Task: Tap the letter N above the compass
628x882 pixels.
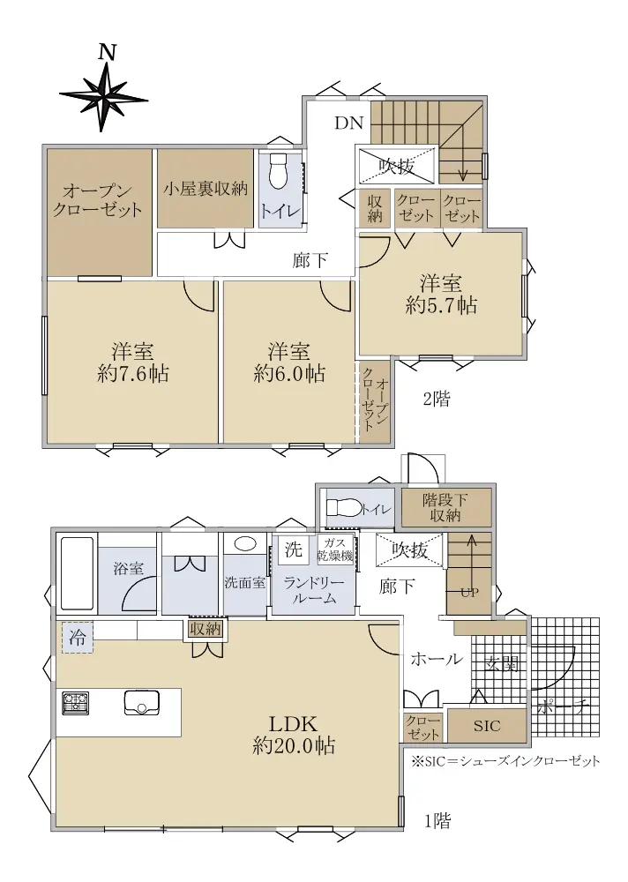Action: coord(107,52)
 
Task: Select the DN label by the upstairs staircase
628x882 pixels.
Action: coord(349,123)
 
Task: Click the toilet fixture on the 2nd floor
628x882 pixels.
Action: coord(278,172)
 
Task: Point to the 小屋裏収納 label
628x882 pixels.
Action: coord(206,189)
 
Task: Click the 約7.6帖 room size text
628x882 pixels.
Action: coord(133,373)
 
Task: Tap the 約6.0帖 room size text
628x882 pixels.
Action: coord(289,373)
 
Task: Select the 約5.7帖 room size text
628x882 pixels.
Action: coord(441,305)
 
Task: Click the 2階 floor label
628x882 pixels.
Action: coord(436,400)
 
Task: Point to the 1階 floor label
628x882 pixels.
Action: coord(437,821)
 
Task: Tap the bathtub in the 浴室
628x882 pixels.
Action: coord(77,575)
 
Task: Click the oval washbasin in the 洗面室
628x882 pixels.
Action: coord(244,543)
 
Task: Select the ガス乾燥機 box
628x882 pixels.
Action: coord(336,549)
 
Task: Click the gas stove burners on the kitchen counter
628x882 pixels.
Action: coord(75,703)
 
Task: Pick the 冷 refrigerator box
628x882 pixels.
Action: coord(77,638)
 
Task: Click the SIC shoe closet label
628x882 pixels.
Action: coord(486,726)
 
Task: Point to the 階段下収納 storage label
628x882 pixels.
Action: coord(445,507)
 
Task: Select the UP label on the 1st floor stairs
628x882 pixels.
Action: coord(470,593)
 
